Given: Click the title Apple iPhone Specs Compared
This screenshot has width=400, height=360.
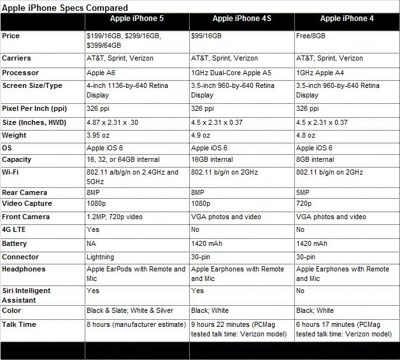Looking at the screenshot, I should click(x=64, y=7).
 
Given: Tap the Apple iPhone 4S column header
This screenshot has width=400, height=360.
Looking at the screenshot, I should click(x=241, y=19).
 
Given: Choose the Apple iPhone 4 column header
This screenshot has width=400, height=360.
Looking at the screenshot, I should click(x=347, y=19).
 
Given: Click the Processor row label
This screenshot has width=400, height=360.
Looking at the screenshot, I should click(x=20, y=73).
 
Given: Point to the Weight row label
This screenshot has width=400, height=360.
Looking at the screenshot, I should click(x=15, y=135).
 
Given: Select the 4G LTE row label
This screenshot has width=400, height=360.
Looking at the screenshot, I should click(x=17, y=229).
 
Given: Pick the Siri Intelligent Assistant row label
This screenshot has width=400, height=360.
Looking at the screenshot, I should click(x=27, y=294).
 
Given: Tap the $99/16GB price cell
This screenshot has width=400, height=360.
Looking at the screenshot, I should click(x=207, y=36).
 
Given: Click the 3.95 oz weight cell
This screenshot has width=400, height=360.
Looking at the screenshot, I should click(x=101, y=136).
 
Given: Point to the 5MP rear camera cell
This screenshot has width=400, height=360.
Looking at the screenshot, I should click(x=304, y=192).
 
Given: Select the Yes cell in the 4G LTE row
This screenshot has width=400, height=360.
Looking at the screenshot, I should click(x=93, y=229).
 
